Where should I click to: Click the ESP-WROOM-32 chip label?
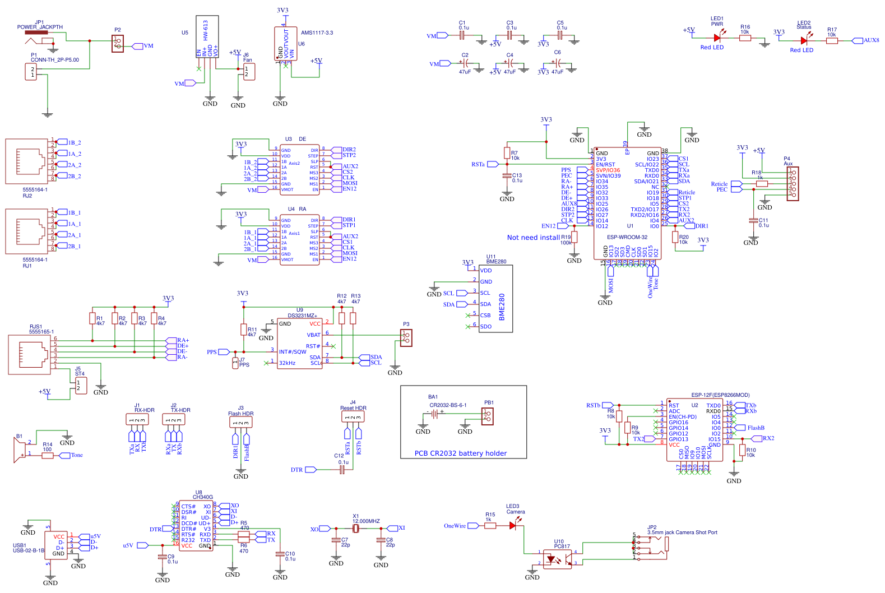(x=627, y=237)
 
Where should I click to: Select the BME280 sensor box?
(x=495, y=299)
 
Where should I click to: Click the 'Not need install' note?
(x=533, y=238)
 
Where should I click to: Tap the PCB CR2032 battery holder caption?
(x=460, y=453)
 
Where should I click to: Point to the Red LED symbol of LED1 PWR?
(x=717, y=38)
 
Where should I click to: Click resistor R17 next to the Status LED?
(x=832, y=40)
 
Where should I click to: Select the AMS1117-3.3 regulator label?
(x=317, y=33)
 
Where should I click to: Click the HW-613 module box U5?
(x=207, y=36)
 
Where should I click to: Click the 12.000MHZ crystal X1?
(x=356, y=528)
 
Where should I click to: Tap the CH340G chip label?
(x=202, y=497)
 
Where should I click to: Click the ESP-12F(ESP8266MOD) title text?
(x=720, y=395)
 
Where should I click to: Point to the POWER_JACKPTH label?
(x=40, y=27)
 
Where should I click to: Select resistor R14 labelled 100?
(x=48, y=455)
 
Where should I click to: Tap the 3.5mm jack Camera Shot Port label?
(x=682, y=532)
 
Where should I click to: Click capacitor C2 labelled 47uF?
(x=465, y=63)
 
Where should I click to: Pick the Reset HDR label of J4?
(x=353, y=408)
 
